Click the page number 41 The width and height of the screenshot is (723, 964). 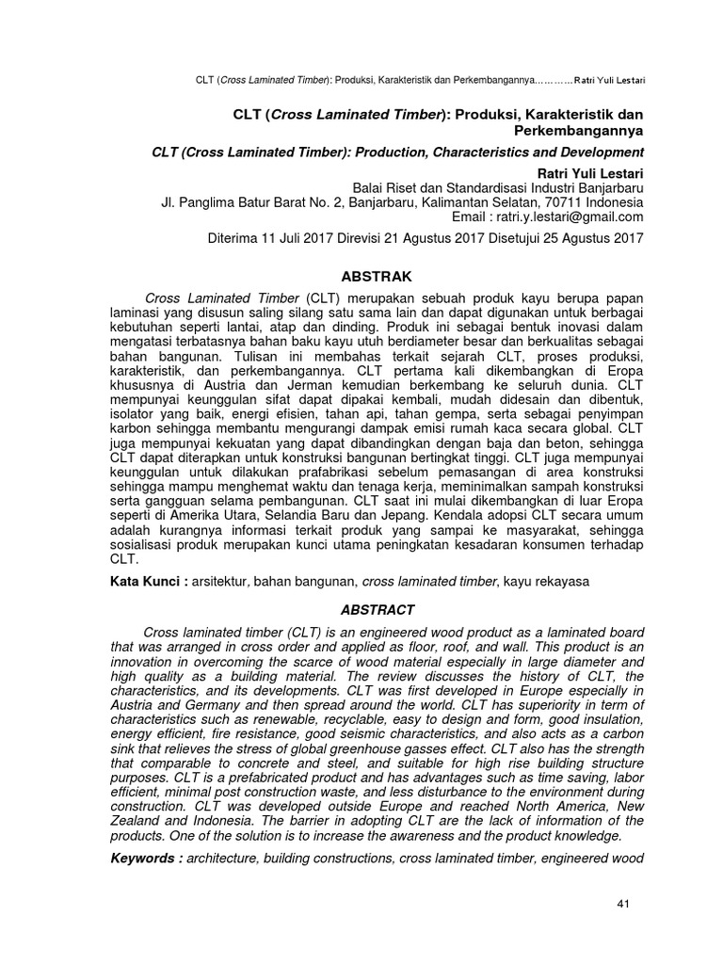(622, 904)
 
